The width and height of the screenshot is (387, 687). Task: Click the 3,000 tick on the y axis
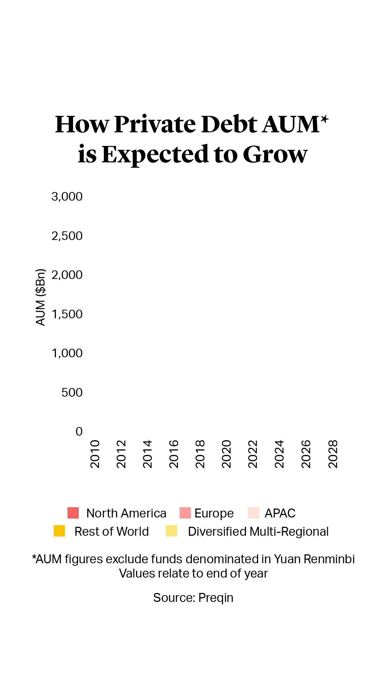67,197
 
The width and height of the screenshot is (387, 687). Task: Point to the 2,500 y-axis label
67,236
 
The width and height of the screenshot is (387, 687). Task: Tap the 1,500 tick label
67,314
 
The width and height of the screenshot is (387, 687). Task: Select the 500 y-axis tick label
72,393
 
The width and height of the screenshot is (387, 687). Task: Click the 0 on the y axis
79,432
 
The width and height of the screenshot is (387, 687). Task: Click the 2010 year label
95,454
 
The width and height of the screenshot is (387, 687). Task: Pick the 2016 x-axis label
174,454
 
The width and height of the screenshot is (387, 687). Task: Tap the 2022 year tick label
253,454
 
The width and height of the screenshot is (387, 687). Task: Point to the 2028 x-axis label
333,454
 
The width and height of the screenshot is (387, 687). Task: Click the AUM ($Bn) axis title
41,297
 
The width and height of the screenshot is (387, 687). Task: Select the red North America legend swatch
73,513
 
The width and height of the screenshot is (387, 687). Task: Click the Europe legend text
214,514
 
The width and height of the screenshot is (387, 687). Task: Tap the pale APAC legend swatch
253,513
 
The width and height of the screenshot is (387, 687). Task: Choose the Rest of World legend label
111,532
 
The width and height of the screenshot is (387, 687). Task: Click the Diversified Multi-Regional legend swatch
171,531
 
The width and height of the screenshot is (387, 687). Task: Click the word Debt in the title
229,124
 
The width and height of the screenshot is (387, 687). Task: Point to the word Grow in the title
275,154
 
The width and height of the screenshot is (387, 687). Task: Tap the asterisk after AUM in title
324,119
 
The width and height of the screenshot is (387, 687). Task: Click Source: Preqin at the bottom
193,598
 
